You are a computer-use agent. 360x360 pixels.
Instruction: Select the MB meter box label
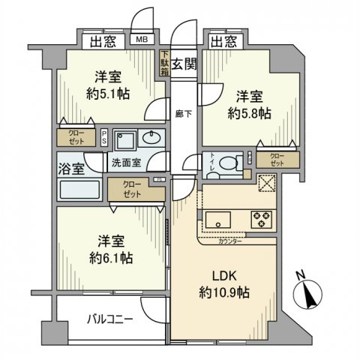tap(141, 40)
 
